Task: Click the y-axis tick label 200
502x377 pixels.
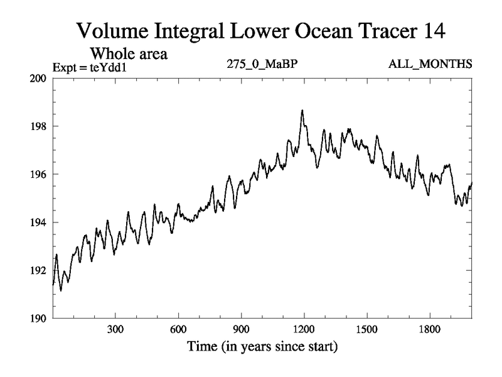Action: [39, 78]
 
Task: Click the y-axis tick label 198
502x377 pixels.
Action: [39, 126]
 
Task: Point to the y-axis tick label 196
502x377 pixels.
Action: [39, 174]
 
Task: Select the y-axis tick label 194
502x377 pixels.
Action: [39, 222]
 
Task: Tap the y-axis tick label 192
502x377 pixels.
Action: [39, 270]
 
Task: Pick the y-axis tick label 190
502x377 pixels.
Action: [39, 319]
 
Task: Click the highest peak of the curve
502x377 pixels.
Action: [302, 111]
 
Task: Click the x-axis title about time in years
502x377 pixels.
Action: [262, 346]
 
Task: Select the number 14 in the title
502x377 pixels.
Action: [434, 30]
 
